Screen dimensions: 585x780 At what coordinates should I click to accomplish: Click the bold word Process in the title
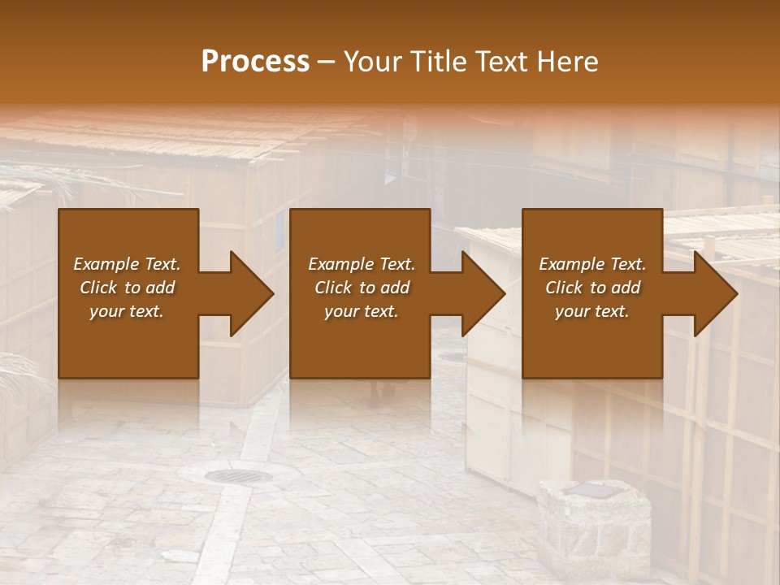pos(255,62)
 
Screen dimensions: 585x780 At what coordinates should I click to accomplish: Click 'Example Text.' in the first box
pos(127,264)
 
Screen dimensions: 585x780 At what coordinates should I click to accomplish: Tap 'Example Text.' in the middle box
pos(362,264)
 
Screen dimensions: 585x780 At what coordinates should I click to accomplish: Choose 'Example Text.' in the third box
pos(592,264)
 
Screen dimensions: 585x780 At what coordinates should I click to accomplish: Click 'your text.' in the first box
pos(127,311)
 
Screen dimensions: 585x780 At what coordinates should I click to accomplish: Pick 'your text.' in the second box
pos(362,311)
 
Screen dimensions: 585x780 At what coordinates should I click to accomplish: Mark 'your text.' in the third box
pos(592,311)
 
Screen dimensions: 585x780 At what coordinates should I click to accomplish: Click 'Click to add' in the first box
pos(127,288)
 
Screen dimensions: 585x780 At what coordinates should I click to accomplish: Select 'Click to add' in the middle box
pos(362,288)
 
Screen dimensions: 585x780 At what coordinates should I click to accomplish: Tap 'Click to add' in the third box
pos(592,288)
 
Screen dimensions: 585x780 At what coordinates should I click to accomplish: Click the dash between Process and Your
pos(327,63)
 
